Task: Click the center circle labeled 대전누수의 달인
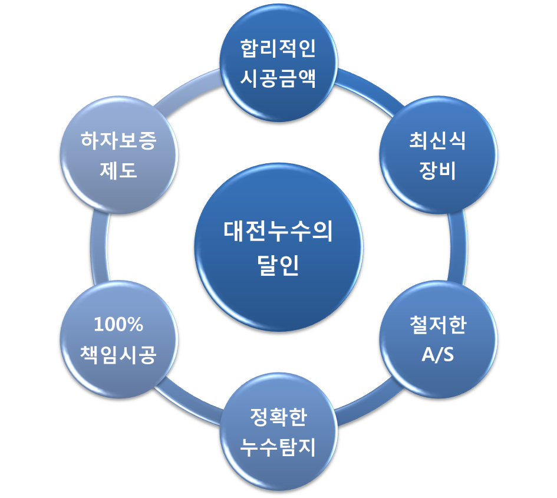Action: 278,248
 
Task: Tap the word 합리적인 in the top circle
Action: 278,49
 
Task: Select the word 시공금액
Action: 278,78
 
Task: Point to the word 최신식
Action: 437,141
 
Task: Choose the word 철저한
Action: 437,326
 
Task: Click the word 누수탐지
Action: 278,447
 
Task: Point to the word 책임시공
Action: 119,355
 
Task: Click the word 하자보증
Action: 119,141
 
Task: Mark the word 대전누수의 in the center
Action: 278,232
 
